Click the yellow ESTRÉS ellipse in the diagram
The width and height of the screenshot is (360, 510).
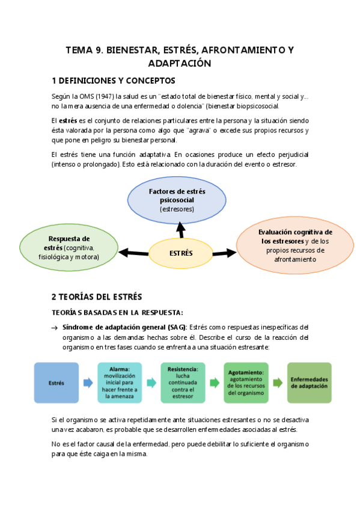point(180,253)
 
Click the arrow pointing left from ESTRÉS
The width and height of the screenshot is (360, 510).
point(133,253)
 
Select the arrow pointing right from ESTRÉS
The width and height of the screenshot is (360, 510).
point(224,253)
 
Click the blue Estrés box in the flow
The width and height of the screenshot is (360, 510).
point(56,382)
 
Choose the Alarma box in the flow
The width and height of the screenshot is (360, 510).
point(120,382)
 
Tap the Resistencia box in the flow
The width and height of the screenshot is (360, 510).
point(183,382)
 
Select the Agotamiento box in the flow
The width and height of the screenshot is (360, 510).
point(246,382)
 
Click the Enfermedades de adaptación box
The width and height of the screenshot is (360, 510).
point(309,382)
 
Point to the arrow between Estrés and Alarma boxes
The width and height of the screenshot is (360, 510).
point(88,382)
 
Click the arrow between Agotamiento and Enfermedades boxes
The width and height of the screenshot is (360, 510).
point(278,382)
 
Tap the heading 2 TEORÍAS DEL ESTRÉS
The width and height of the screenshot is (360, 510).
point(96,296)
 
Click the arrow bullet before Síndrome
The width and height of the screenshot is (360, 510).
point(54,328)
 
